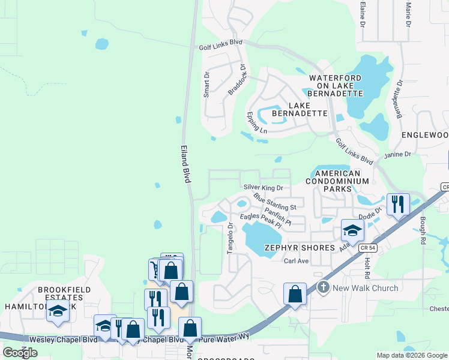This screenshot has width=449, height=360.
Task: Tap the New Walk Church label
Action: [366, 288]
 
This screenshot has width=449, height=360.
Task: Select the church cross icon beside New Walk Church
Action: [324, 287]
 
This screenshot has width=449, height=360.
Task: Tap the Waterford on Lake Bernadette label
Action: [336, 86]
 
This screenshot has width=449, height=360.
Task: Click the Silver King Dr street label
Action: [263, 188]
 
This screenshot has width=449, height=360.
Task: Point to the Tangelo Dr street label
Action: [231, 238]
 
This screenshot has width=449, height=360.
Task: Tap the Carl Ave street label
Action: [296, 261]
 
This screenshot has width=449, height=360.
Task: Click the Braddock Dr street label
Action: [237, 80]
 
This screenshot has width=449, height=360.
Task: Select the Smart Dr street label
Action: [206, 85]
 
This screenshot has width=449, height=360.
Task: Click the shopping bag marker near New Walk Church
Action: [295, 295]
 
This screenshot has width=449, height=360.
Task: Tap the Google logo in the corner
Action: [20, 353]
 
